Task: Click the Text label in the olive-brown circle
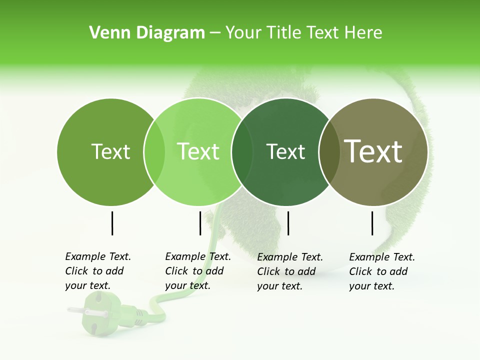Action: coord(373,151)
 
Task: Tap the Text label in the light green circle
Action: coord(198,151)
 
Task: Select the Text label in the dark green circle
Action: coord(285,151)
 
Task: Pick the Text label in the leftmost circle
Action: coord(110,151)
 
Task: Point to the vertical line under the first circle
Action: coord(112,223)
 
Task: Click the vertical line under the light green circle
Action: coord(200,223)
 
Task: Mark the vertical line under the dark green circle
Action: coord(288,223)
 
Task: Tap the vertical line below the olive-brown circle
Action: coord(372,223)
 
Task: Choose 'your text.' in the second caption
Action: coord(187,285)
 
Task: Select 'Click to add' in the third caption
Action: coord(286,271)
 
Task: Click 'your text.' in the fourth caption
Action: coord(371,286)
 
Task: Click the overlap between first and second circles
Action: coord(154,151)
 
